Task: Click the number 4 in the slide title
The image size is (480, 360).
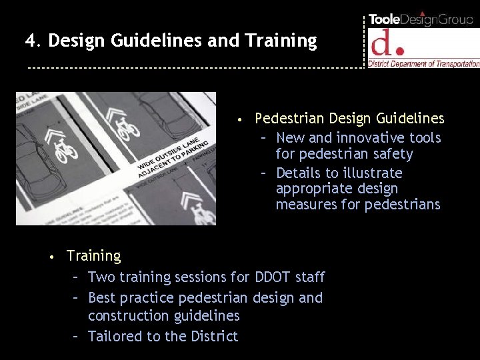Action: click(x=30, y=41)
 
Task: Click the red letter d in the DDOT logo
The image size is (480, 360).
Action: click(x=382, y=43)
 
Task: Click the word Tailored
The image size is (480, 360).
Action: click(x=115, y=336)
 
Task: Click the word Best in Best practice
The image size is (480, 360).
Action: click(x=101, y=297)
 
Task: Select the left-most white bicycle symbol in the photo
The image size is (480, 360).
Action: click(x=65, y=150)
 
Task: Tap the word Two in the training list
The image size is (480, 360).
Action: click(x=101, y=277)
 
